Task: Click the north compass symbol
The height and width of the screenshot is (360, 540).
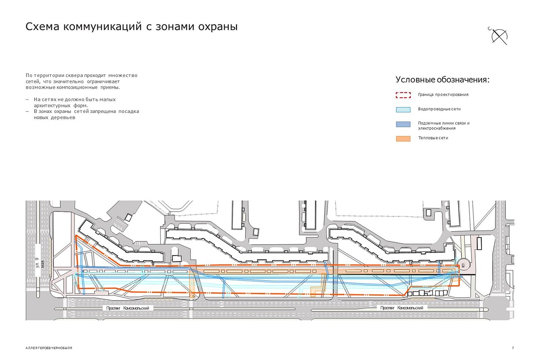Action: tap(499, 36)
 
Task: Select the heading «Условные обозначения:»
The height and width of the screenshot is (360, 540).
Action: tap(442, 80)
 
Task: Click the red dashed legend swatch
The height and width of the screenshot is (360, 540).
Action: tap(403, 95)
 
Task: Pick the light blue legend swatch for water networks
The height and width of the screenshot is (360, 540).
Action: tap(403, 109)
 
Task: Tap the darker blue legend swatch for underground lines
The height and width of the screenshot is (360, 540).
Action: tap(403, 124)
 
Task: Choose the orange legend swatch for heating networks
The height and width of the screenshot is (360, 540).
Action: tap(403, 138)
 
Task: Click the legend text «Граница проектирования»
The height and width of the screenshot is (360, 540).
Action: tap(443, 95)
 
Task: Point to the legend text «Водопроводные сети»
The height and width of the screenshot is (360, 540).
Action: tap(439, 109)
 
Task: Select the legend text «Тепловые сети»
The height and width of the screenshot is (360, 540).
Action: tap(432, 138)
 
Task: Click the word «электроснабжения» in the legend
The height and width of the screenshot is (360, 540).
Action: tap(436, 128)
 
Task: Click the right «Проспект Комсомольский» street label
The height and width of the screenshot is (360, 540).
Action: tap(401, 308)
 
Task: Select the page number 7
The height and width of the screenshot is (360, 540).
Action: tap(513, 348)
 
